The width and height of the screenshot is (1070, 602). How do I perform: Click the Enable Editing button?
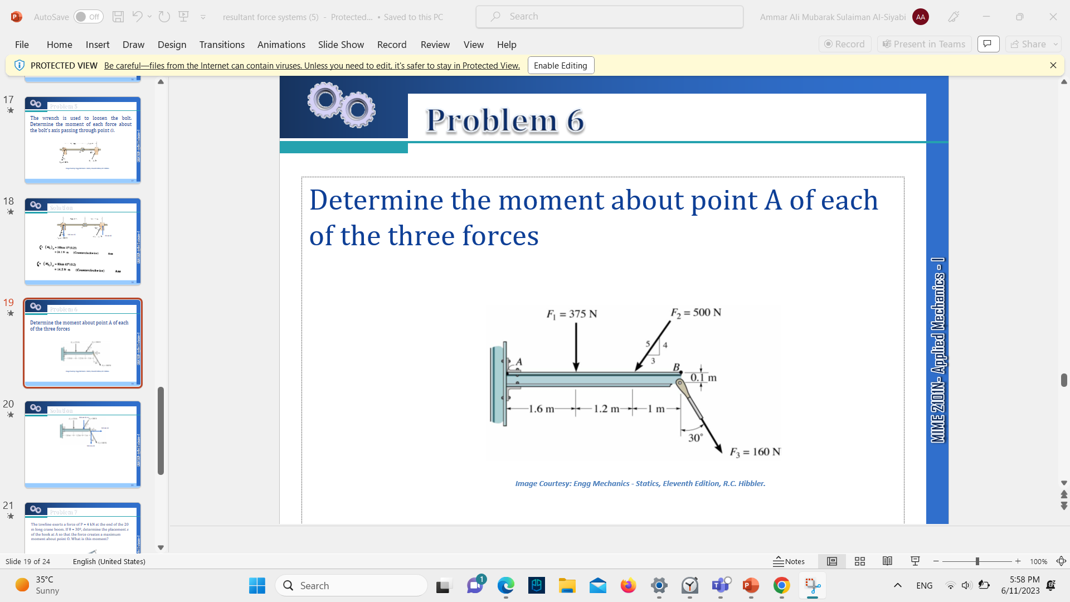(x=561, y=65)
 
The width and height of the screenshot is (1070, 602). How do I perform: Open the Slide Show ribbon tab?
(x=341, y=45)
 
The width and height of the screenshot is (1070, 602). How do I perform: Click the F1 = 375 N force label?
(x=572, y=314)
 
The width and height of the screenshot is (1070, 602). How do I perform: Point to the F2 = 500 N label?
(x=696, y=313)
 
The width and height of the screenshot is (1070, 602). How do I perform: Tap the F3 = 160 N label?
(x=755, y=452)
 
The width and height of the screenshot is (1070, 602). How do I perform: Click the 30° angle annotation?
(x=695, y=438)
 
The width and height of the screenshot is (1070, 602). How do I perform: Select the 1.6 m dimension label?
(x=541, y=409)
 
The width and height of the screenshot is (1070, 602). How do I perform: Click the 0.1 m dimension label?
(x=703, y=378)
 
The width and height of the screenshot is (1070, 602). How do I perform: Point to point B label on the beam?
(x=676, y=367)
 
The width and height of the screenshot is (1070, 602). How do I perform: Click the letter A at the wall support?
(x=519, y=362)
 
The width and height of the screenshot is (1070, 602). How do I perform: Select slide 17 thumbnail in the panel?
(x=82, y=140)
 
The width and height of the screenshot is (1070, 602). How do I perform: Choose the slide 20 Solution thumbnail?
(x=82, y=444)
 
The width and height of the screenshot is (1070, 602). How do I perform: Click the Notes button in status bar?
(x=789, y=561)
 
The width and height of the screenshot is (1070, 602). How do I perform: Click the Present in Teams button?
(x=924, y=44)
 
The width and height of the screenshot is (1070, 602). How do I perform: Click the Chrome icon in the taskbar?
(x=781, y=586)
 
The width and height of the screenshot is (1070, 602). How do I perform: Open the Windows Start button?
(x=257, y=586)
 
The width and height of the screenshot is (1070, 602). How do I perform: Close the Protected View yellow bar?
(x=1053, y=65)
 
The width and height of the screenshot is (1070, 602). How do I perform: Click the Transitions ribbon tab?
(x=222, y=45)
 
